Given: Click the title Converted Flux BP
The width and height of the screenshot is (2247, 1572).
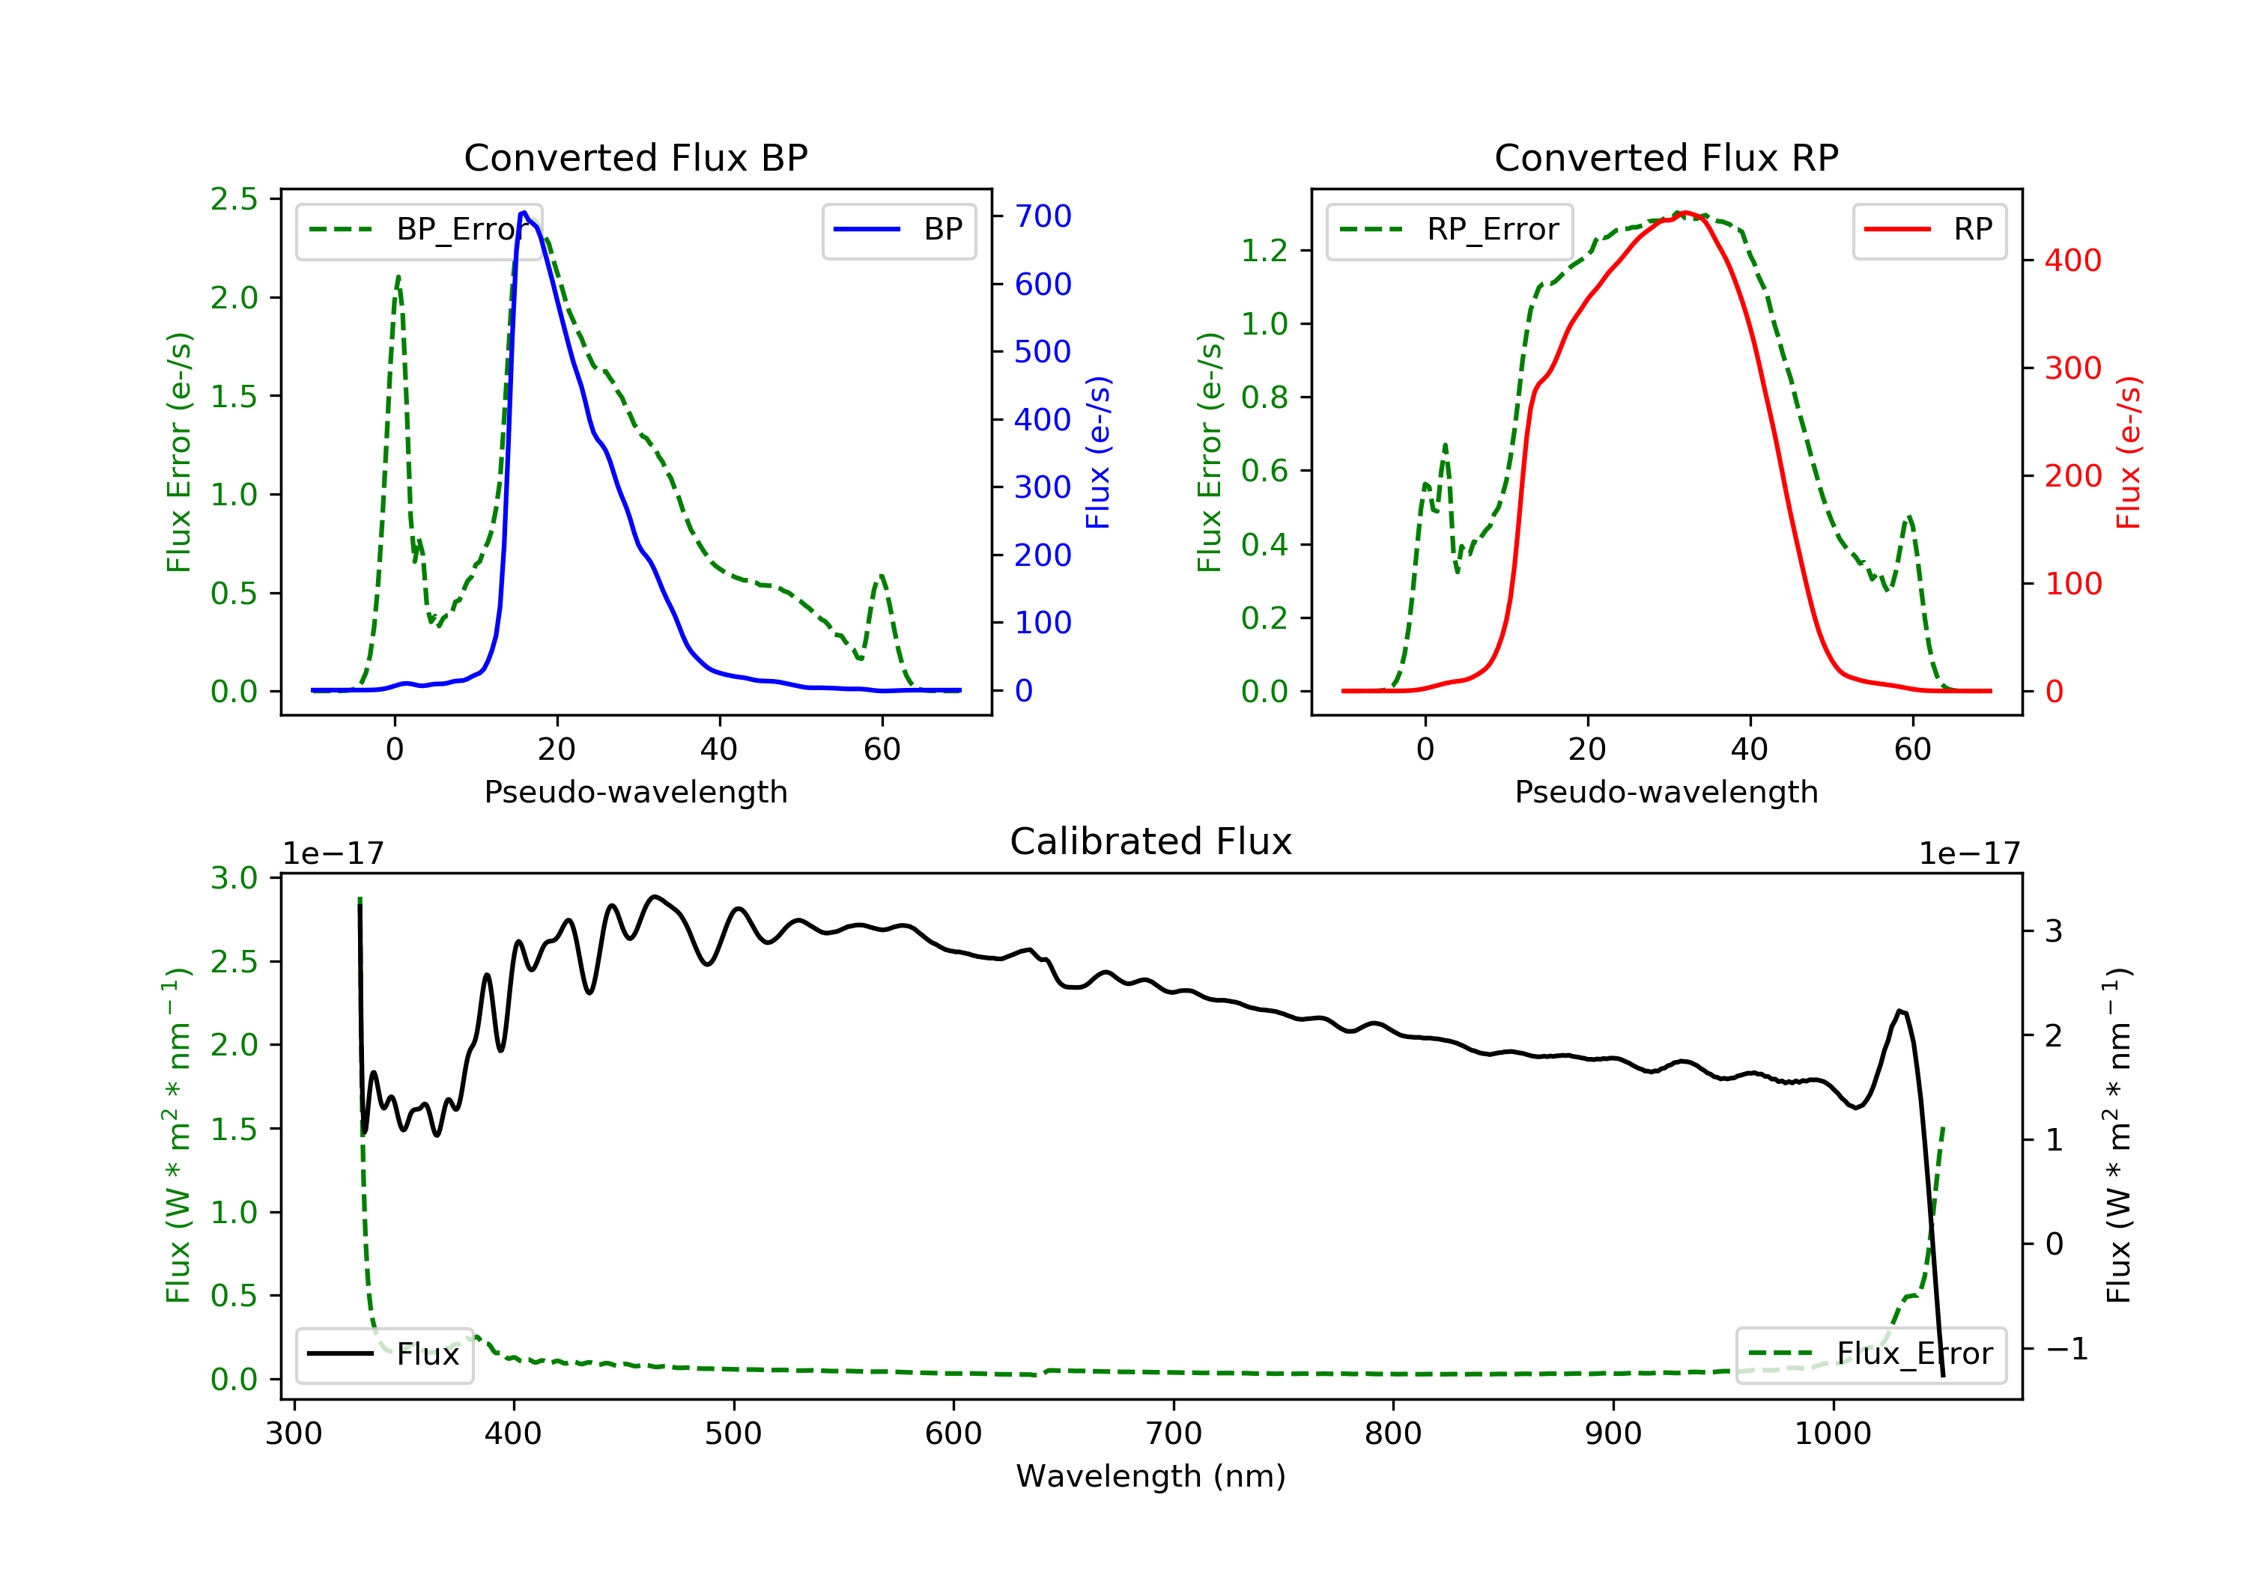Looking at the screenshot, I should tap(635, 157).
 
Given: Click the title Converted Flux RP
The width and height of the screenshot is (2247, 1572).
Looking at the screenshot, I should tap(1666, 157).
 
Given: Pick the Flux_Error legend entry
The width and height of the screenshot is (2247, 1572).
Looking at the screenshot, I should tap(1870, 1354).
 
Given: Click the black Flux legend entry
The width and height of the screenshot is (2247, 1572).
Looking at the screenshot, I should tap(383, 1354).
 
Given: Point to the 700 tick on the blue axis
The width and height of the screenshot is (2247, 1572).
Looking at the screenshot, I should tap(1043, 216).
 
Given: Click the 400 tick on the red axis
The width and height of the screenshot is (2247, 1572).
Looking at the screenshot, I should tap(2072, 261).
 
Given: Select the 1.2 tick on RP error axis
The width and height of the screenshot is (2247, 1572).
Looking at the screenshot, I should tap(1264, 251).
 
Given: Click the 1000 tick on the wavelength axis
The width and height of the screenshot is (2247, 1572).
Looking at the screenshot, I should tap(1832, 1434).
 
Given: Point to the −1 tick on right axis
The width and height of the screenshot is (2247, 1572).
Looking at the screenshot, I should tap(2066, 1349).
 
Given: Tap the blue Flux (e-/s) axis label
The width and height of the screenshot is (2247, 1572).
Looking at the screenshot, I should tap(1098, 453).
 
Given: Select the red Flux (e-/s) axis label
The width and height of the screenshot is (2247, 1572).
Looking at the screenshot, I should tap(2129, 453).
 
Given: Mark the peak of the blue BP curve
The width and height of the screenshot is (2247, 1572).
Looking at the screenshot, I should tap(524, 213).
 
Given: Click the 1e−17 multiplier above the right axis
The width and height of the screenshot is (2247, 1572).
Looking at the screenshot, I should tap(1969, 854).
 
